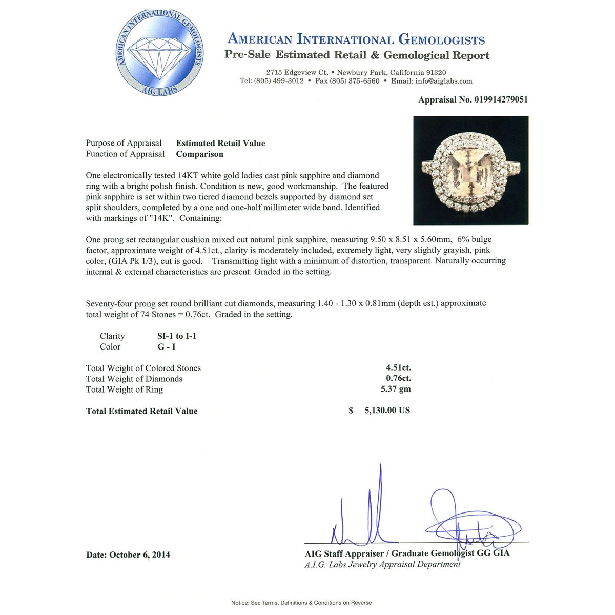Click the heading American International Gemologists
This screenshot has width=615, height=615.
[356, 39]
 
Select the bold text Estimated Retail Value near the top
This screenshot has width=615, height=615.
[220, 143]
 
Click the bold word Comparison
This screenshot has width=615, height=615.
[199, 154]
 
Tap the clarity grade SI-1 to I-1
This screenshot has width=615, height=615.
[177, 336]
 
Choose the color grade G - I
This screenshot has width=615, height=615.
[167, 347]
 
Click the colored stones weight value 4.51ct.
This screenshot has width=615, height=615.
[398, 367]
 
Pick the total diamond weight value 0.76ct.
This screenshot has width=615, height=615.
[398, 378]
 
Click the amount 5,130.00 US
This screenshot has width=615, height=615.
[387, 411]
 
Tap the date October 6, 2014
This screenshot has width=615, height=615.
[139, 555]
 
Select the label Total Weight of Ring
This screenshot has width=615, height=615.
[125, 389]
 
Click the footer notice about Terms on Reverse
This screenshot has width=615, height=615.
[301, 603]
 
